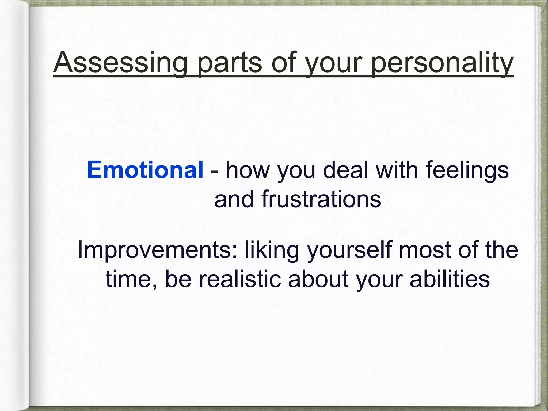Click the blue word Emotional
(x=145, y=170)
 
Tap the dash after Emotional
(x=214, y=171)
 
